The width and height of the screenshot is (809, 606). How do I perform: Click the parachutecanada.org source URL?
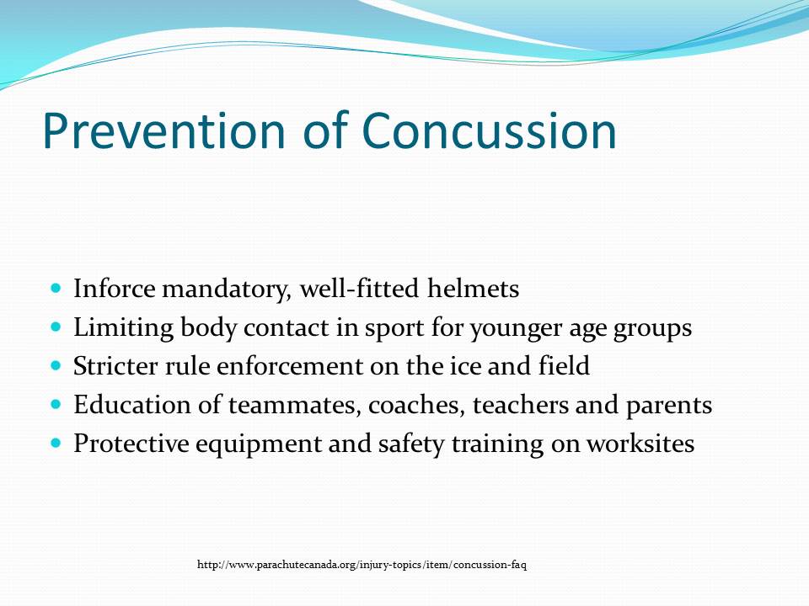click(362, 565)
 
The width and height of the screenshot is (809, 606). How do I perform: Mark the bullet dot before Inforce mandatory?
click(56, 289)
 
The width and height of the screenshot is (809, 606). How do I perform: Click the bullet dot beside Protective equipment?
click(56, 443)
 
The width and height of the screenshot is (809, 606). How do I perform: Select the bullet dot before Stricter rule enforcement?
click(56, 366)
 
